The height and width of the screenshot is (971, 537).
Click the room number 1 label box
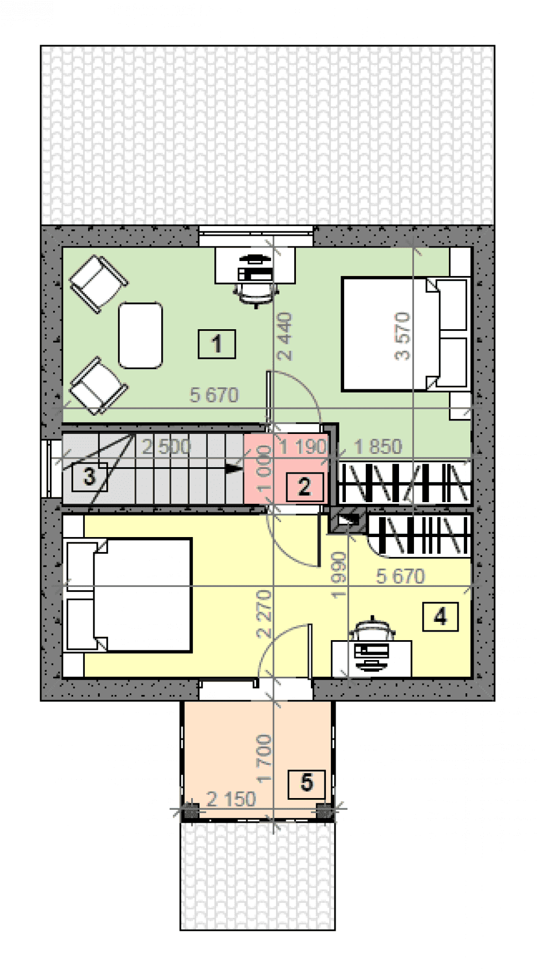tap(217, 344)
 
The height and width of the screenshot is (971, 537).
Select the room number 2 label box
tap(304, 487)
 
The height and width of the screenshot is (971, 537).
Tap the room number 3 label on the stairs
tap(89, 476)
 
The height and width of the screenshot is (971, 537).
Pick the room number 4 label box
tap(440, 617)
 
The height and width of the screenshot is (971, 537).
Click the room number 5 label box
tap(307, 782)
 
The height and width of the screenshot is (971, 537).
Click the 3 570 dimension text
tap(402, 336)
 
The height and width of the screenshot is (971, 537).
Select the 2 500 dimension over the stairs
tap(166, 447)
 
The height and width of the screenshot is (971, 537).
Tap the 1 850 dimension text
tap(378, 447)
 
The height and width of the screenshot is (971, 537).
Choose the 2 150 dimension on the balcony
tap(231, 799)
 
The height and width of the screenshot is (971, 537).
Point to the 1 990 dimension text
tap(339, 575)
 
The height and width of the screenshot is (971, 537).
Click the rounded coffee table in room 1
tap(141, 336)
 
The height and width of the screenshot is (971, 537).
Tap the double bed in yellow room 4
tap(127, 596)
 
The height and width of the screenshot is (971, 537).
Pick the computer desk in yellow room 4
tap(372, 658)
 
